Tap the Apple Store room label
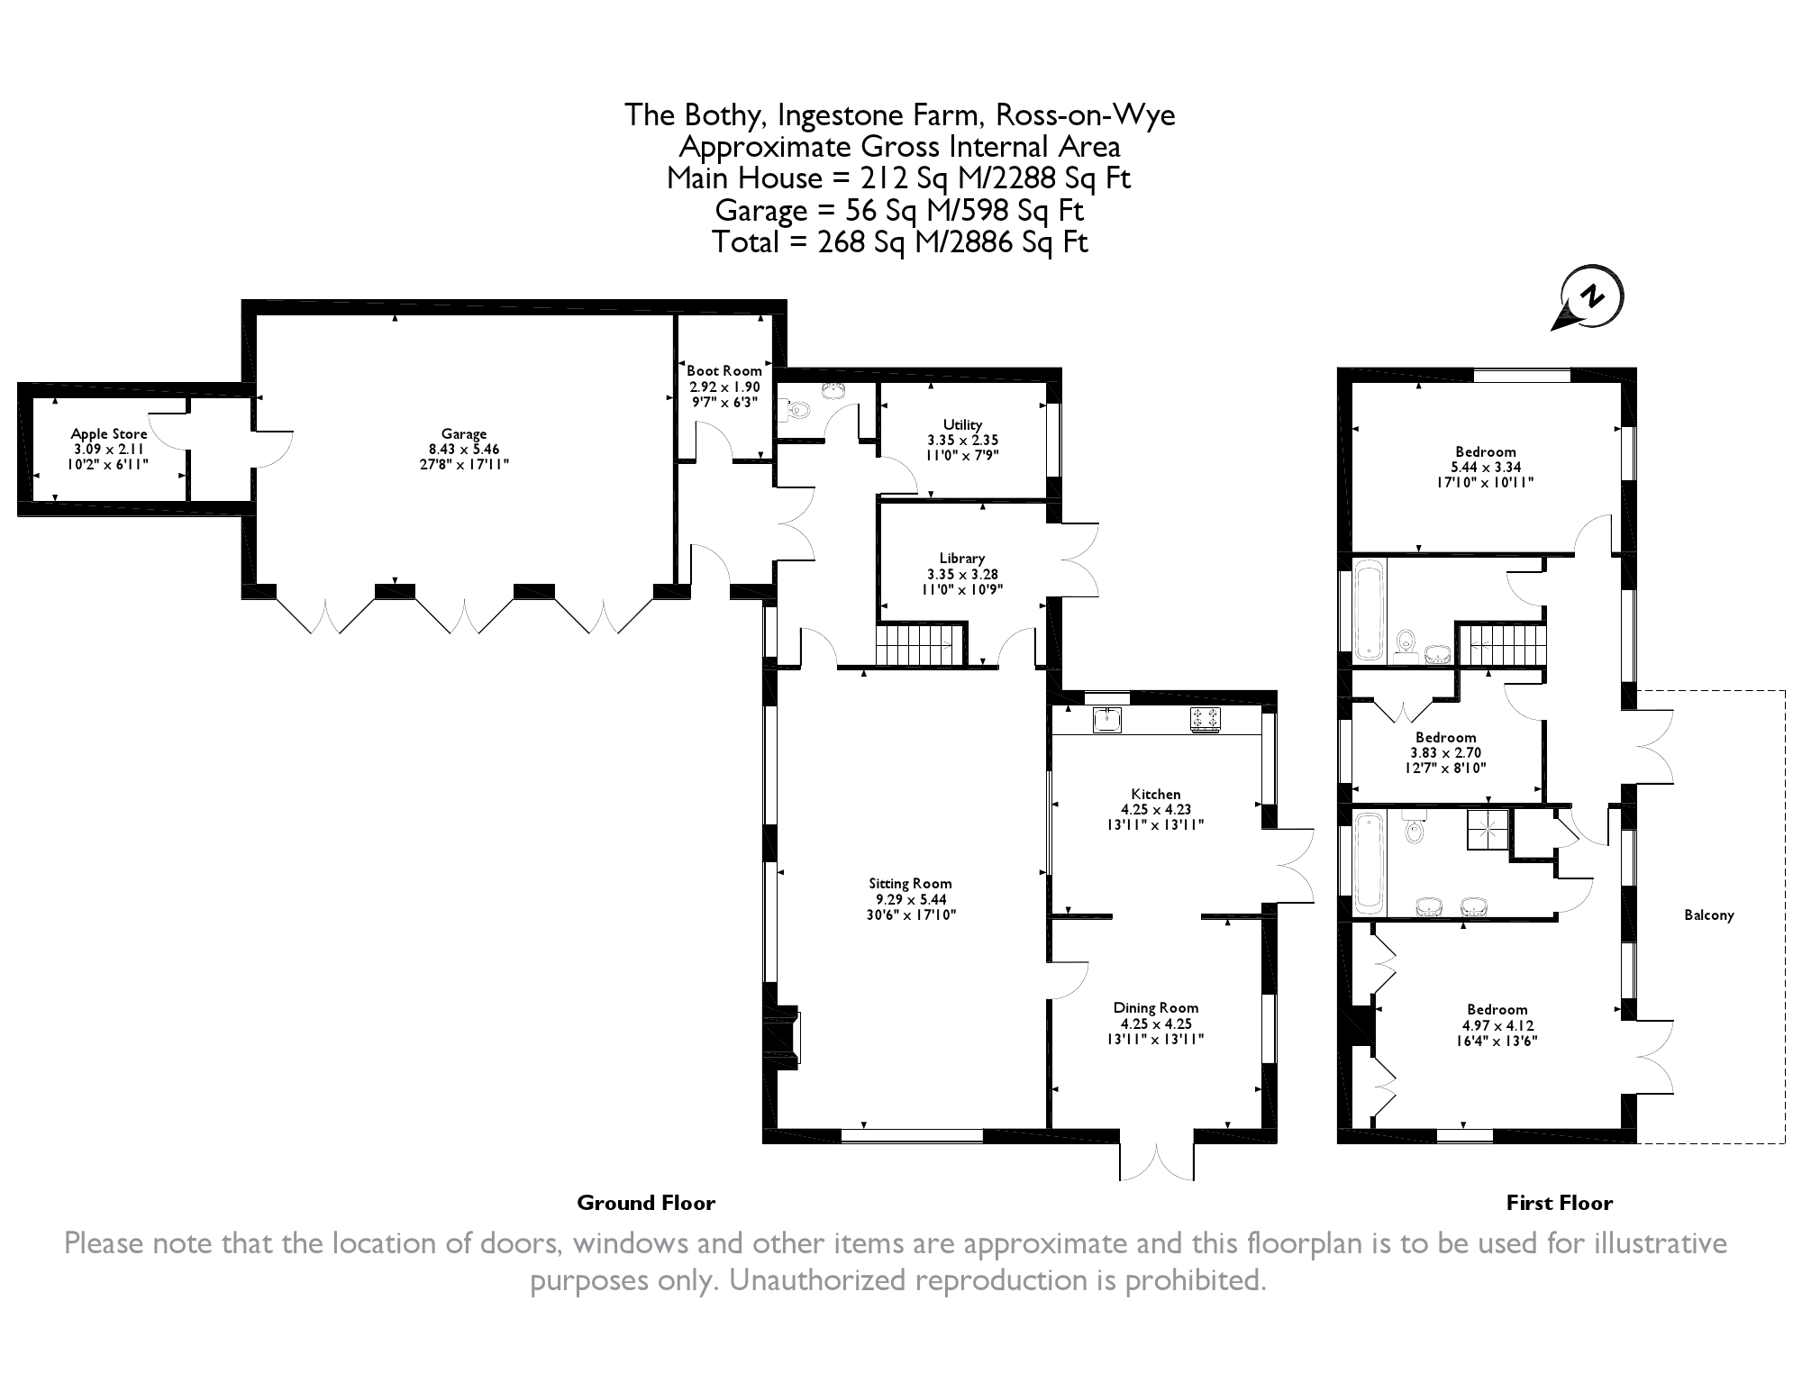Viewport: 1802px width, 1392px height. (x=109, y=434)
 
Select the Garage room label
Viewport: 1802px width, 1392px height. (x=464, y=434)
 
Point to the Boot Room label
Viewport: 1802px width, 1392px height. (x=724, y=370)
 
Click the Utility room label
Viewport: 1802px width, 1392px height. (x=962, y=424)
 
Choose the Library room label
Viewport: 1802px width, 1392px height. (x=962, y=558)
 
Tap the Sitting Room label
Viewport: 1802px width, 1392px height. (x=910, y=884)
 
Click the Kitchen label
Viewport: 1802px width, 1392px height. (x=1156, y=795)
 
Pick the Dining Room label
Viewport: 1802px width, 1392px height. (x=1156, y=1008)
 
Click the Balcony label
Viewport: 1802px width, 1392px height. (x=1709, y=915)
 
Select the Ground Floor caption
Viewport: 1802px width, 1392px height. (x=646, y=1203)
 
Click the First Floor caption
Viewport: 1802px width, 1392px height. (x=1560, y=1203)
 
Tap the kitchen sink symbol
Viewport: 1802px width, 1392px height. (x=1107, y=720)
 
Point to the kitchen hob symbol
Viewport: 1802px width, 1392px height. (x=1206, y=719)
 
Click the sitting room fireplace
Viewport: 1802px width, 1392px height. (x=782, y=1038)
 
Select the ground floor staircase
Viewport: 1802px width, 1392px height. (x=919, y=645)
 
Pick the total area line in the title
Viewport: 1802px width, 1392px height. (x=900, y=242)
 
